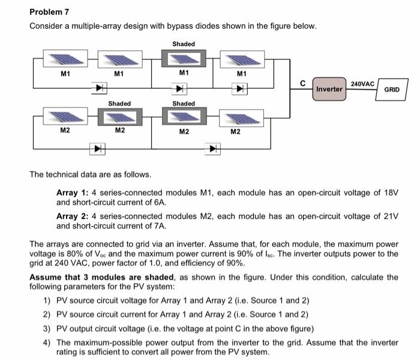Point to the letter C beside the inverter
tap(303, 82)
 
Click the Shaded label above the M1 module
tap(184, 44)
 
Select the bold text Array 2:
tap(73, 215)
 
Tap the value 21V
tap(391, 215)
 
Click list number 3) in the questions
tap(47, 329)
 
